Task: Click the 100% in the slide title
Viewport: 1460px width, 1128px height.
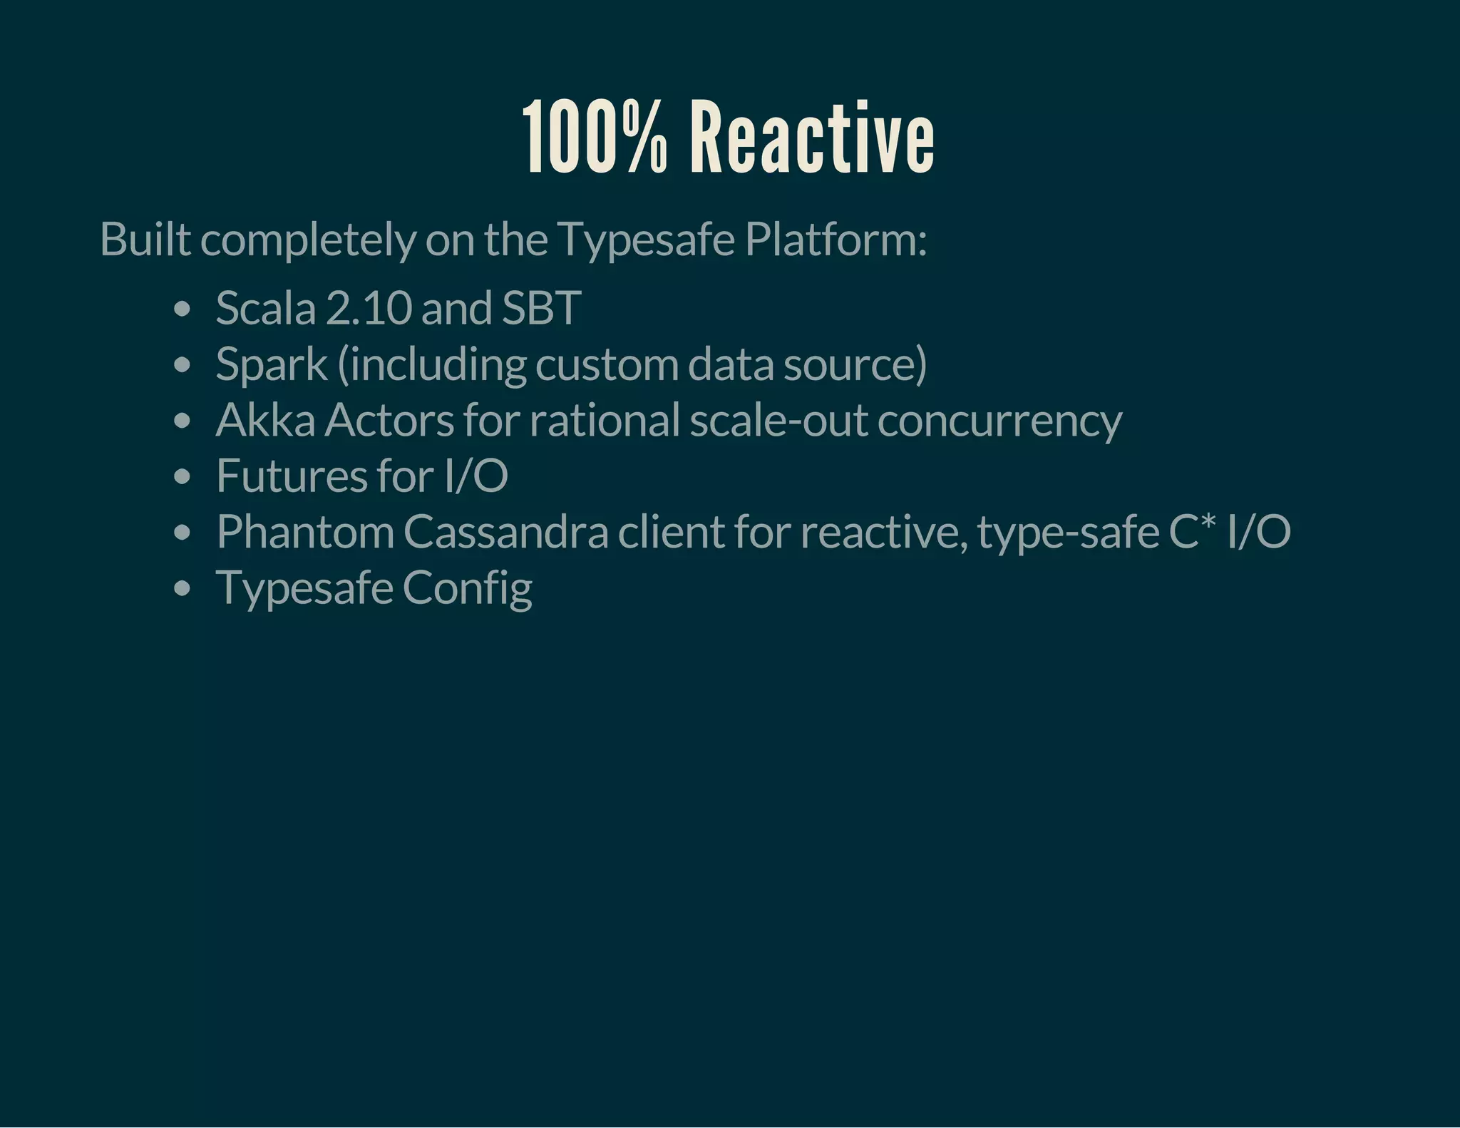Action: (x=596, y=138)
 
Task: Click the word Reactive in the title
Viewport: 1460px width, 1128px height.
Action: (x=812, y=138)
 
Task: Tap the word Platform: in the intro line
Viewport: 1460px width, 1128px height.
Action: (x=836, y=240)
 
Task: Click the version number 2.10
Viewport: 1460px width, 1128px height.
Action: (x=369, y=309)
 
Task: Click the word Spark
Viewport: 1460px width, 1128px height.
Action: (x=271, y=364)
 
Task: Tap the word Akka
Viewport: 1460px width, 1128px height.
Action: (x=265, y=420)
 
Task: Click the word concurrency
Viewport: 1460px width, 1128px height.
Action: (x=999, y=420)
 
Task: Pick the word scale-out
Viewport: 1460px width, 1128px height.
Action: (x=778, y=420)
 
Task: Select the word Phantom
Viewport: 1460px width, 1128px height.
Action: (x=305, y=532)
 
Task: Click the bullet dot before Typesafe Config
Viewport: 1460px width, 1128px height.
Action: (x=182, y=589)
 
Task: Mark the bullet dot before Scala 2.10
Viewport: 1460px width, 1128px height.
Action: (x=182, y=309)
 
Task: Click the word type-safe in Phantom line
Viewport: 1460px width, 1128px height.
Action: (x=1068, y=532)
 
